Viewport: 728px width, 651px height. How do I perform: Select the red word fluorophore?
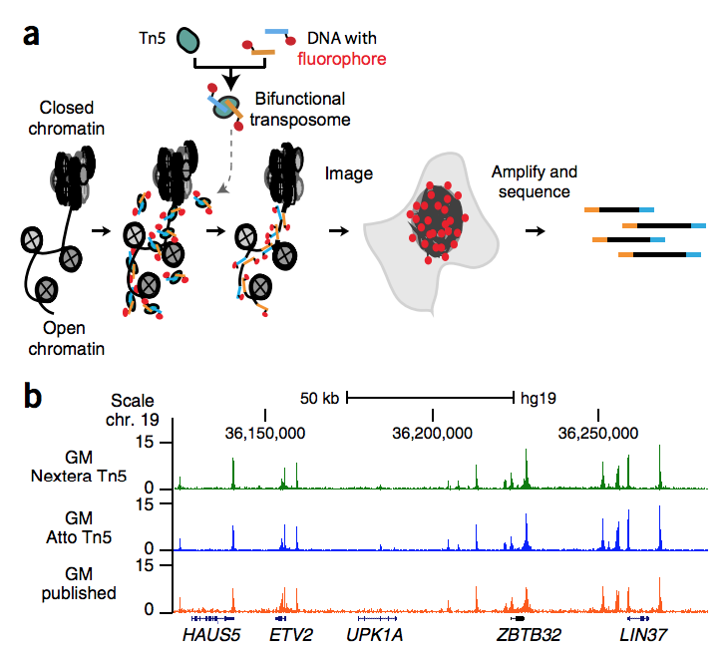coord(341,60)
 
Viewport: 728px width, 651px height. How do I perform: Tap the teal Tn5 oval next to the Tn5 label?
coord(187,41)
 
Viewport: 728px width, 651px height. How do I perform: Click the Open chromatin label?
coord(73,339)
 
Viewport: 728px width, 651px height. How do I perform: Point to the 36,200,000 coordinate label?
coord(433,433)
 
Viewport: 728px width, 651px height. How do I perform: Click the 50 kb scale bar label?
coord(319,398)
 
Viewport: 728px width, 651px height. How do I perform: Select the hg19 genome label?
coord(539,398)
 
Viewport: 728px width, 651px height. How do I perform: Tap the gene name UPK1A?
coord(376,632)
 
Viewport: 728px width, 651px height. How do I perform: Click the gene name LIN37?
coord(643,632)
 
